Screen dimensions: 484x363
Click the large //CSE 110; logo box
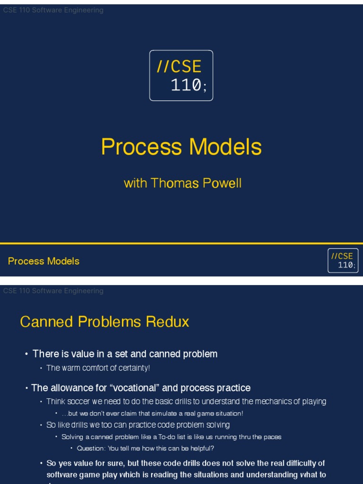(x=181, y=76)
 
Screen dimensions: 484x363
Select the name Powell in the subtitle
(x=221, y=183)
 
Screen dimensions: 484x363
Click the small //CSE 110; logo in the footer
(x=343, y=261)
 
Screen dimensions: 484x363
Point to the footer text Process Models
(x=43, y=261)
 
